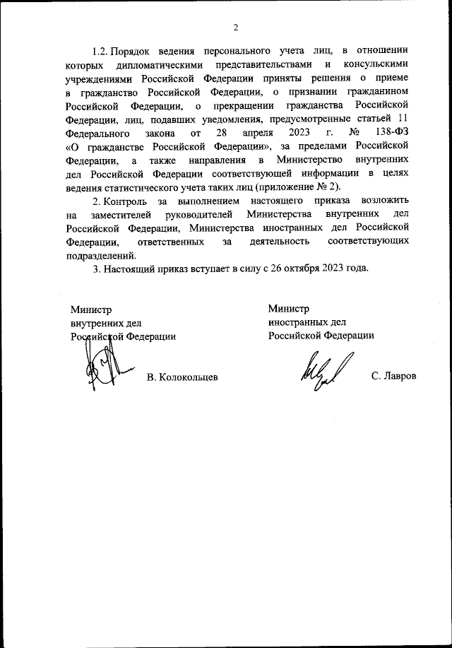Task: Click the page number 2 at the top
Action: [x=237, y=28]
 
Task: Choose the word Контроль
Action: [x=126, y=202]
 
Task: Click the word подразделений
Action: [x=99, y=255]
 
